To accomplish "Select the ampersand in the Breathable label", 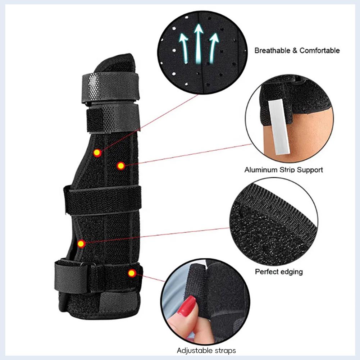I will (x=294, y=51).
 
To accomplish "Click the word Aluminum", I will (x=261, y=170).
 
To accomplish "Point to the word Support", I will (x=310, y=170).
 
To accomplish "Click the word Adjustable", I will (x=193, y=350).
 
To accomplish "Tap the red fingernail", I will (x=188, y=306).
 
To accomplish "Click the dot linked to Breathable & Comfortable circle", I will (x=96, y=153).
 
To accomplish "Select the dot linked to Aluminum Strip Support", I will (x=121, y=166).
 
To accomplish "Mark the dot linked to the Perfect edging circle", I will (x=81, y=244).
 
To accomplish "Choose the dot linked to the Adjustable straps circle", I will (x=132, y=273).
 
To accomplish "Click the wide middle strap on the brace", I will (x=102, y=200).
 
